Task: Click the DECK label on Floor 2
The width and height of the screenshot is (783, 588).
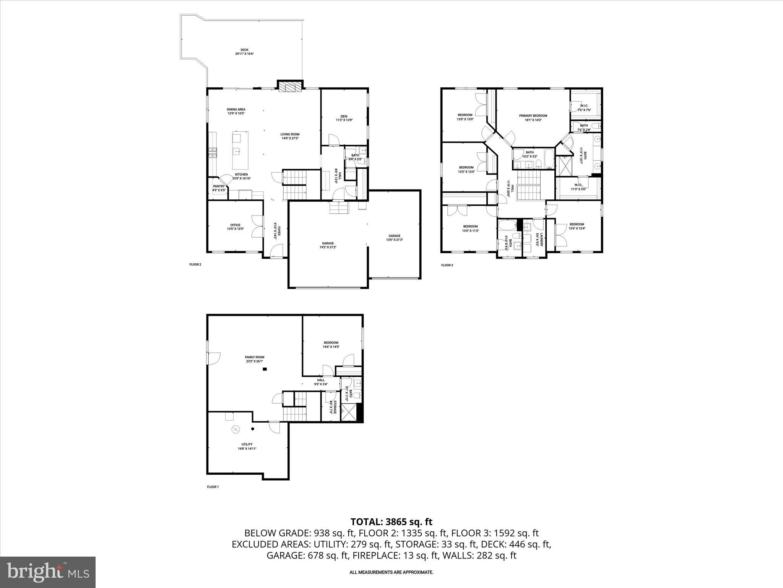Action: click(x=244, y=50)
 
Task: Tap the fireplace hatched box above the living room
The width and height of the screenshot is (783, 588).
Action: click(x=290, y=87)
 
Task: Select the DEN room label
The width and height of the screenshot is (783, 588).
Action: click(x=344, y=116)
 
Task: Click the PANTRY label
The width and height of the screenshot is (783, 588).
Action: click(x=219, y=186)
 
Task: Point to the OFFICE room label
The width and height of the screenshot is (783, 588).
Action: click(x=235, y=225)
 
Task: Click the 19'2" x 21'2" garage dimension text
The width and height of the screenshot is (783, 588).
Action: click(x=328, y=247)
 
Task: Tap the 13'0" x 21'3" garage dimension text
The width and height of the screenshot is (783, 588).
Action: click(x=394, y=240)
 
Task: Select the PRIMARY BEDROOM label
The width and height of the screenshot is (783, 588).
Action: click(x=533, y=116)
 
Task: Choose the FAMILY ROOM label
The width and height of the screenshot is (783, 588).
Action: click(x=255, y=357)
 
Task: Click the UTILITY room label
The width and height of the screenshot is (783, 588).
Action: click(x=247, y=444)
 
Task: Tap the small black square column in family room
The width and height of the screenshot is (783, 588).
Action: click(x=265, y=369)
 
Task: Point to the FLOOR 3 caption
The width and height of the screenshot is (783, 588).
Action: click(x=447, y=265)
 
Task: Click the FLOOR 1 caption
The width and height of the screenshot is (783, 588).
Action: click(x=213, y=487)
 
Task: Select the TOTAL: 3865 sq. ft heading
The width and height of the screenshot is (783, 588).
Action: click(x=391, y=521)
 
